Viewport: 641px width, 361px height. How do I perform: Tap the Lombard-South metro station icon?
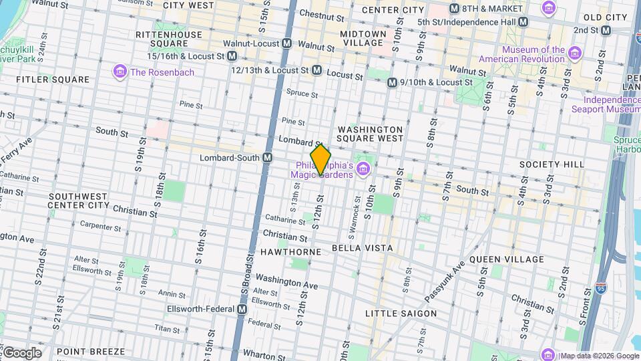click(267, 158)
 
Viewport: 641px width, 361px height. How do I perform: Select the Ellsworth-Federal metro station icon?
click(242, 309)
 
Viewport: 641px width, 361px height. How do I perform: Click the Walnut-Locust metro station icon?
click(287, 43)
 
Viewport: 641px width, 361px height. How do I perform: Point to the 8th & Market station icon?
click(455, 9)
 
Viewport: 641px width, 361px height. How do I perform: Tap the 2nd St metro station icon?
click(606, 31)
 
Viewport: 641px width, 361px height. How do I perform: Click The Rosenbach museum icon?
click(120, 71)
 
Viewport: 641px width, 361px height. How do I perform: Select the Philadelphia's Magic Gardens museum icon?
click(363, 167)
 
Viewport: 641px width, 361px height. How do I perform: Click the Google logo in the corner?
click(21, 352)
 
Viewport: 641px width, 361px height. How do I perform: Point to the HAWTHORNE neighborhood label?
click(291, 251)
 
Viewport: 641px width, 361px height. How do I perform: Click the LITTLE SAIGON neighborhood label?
click(401, 313)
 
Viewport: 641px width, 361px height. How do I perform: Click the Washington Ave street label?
click(286, 281)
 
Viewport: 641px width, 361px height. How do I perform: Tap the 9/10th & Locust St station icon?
click(392, 82)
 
